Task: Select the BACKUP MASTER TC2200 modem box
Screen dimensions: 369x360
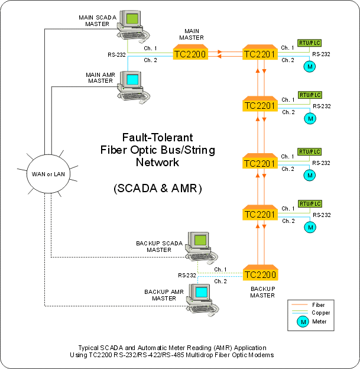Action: [260, 274]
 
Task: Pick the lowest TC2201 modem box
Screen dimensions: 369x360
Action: [260, 214]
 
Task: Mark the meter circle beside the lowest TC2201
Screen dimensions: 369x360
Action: [310, 226]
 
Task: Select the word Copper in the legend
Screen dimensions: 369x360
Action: [321, 312]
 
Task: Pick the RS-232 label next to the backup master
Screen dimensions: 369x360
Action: [188, 276]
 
